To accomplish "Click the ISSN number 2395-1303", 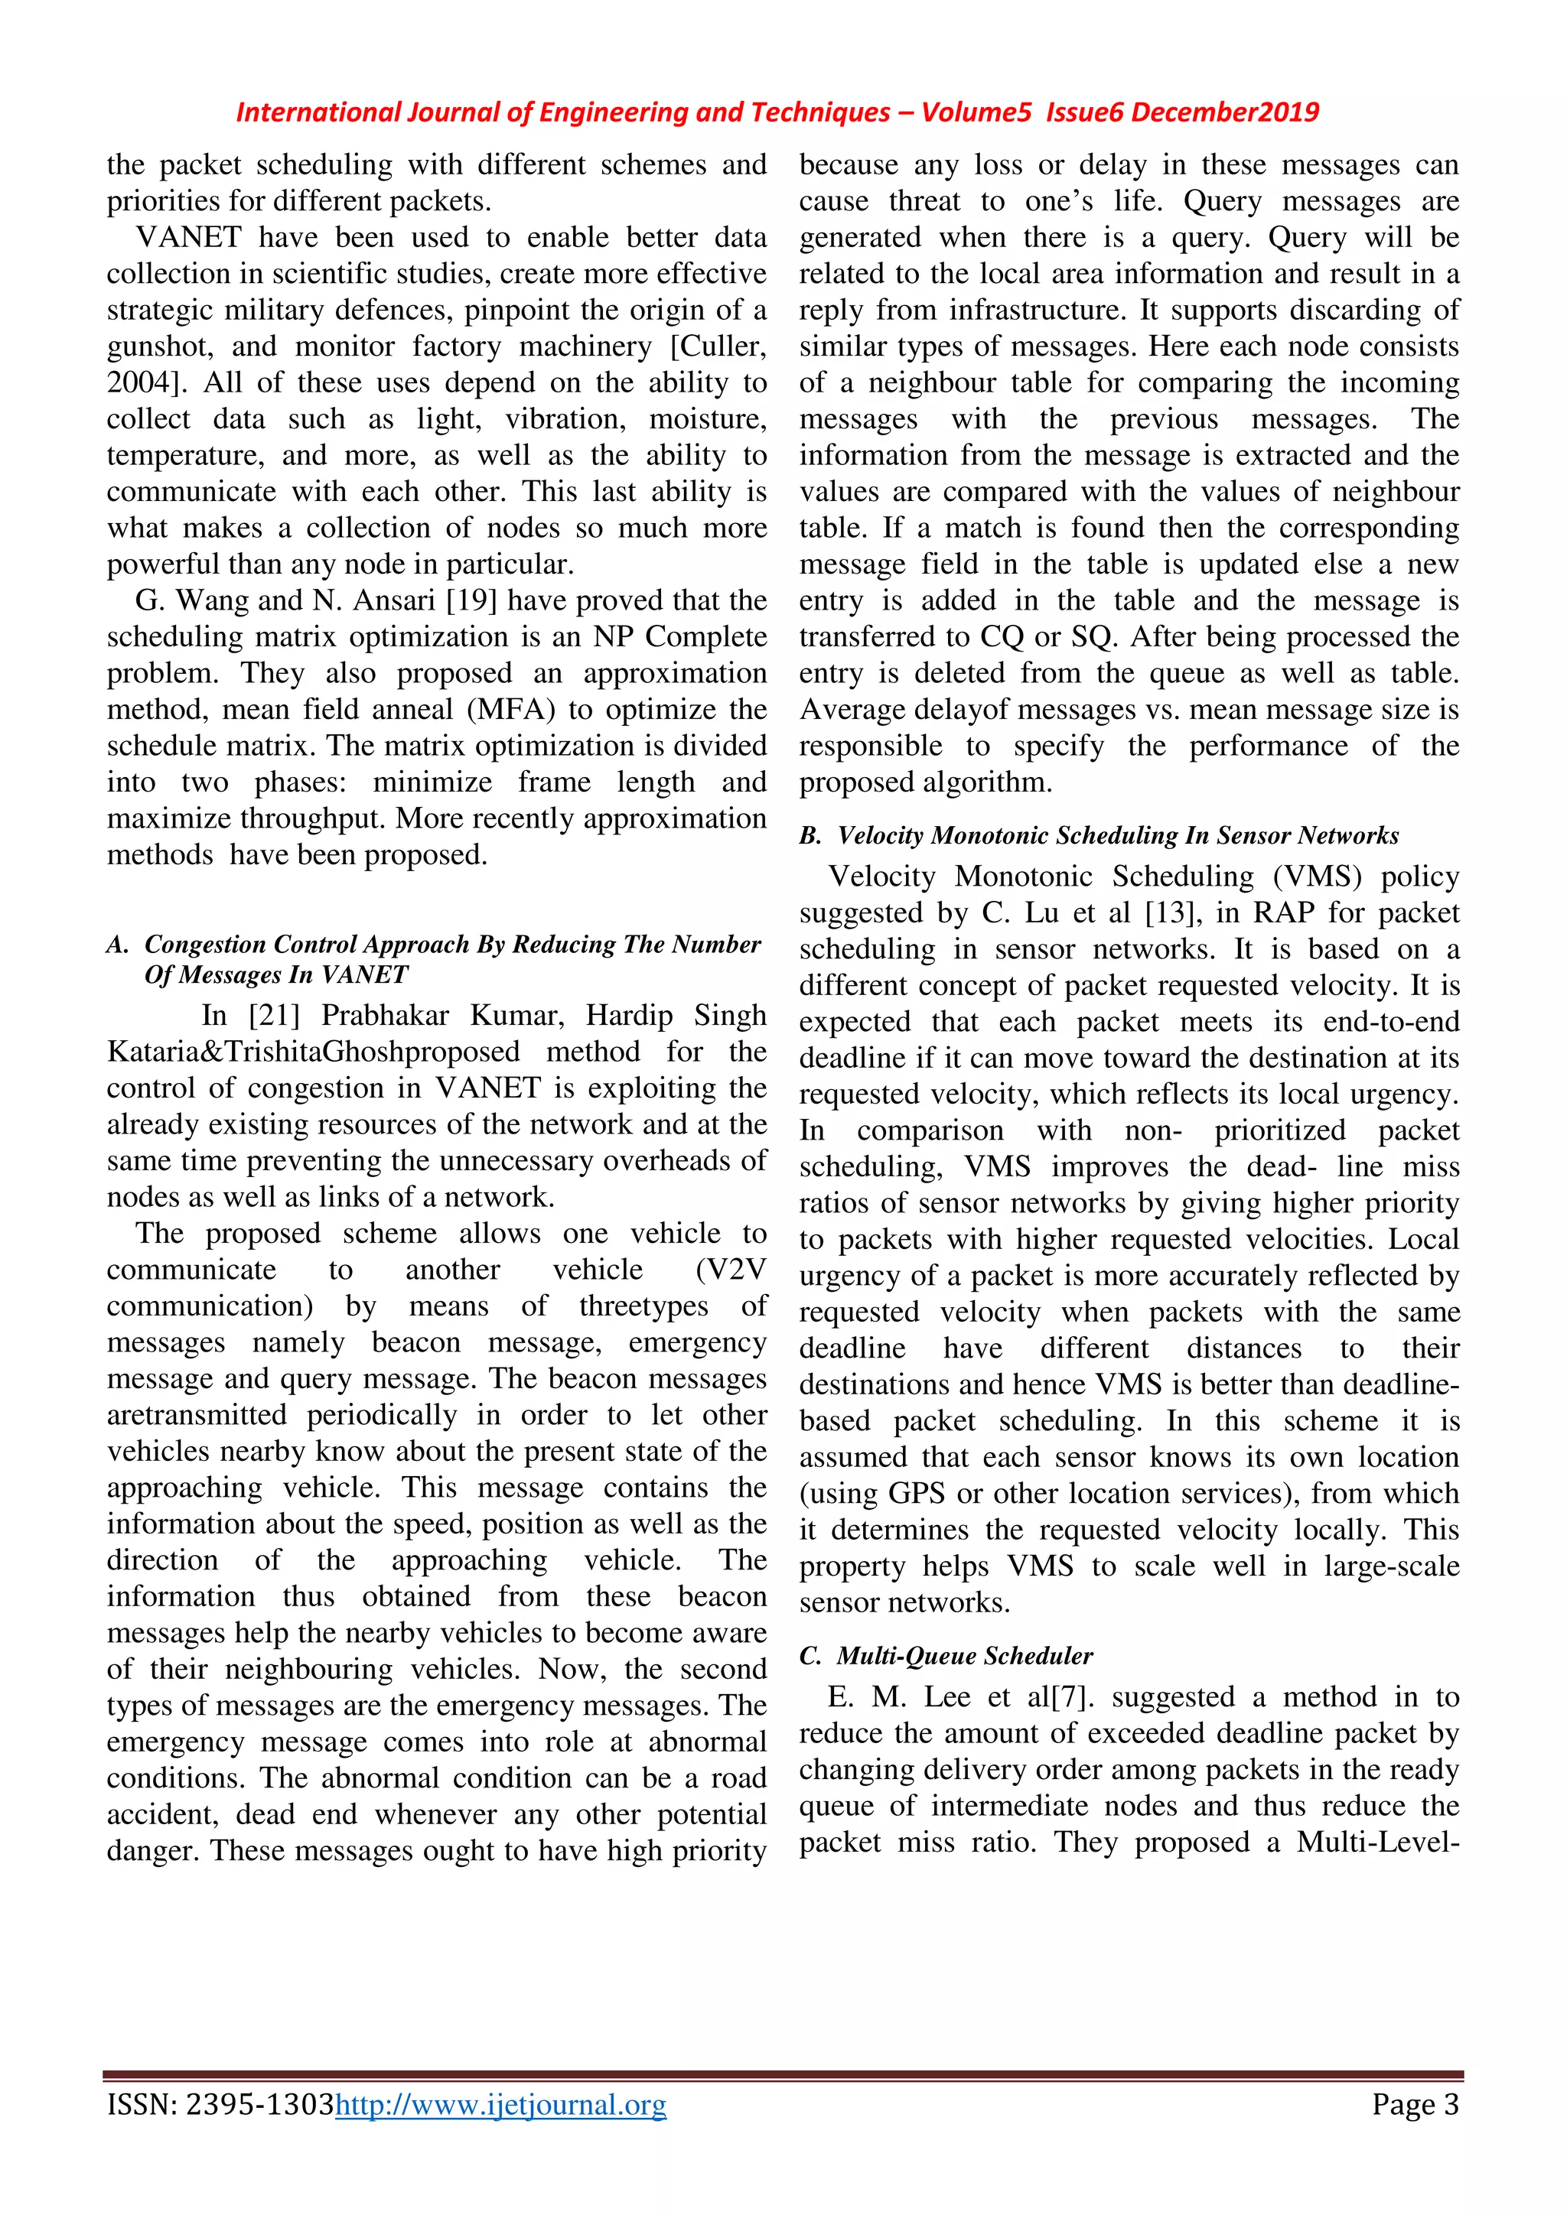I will point(259,2104).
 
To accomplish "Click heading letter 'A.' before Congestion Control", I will point(117,945).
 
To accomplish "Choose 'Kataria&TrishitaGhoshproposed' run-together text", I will point(314,1052).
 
